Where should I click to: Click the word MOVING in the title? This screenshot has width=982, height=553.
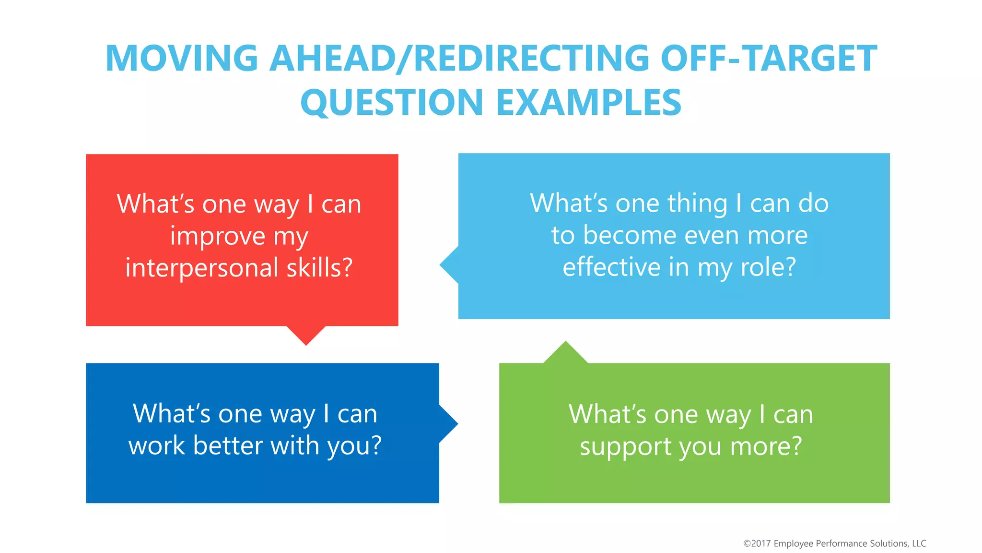click(182, 59)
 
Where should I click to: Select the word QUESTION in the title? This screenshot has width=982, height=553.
click(392, 103)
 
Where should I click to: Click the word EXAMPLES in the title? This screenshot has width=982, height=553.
click(589, 103)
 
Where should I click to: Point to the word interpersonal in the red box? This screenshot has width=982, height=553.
click(201, 267)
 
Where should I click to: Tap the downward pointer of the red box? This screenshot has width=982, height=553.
click(306, 336)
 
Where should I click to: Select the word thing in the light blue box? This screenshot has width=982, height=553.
click(697, 203)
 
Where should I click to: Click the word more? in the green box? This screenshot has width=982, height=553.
click(766, 446)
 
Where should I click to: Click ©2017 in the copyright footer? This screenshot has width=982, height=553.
click(757, 543)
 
